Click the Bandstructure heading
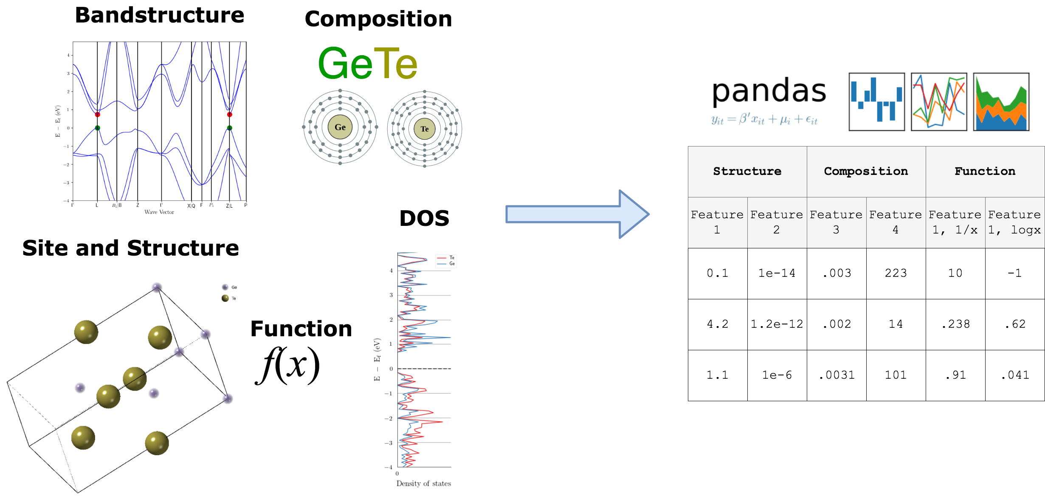coord(159,15)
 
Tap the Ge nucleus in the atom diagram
coord(340,127)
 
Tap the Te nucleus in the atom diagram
coord(424,129)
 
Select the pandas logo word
coord(769,91)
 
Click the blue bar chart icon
coord(876,102)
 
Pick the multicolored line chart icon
coord(939,102)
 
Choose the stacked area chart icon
coord(1001,102)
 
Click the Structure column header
coord(747,171)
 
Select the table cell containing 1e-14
coord(777,273)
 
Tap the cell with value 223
coord(896,273)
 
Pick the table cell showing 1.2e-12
coord(777,324)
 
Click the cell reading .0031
coord(836,375)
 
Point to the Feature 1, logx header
coord(1014,222)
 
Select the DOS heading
coord(424,218)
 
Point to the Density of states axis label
coord(423,483)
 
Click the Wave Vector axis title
coord(159,212)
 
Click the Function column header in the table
coord(985,171)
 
